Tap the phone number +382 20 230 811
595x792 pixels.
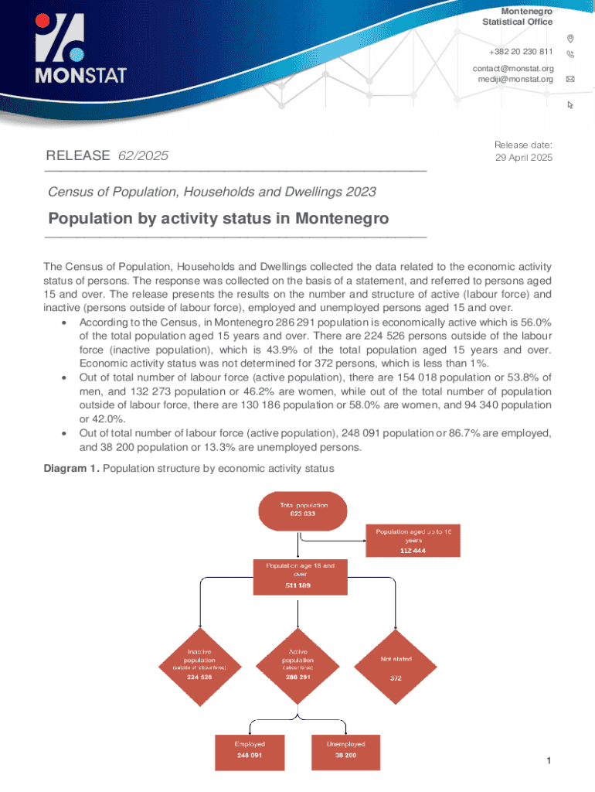coord(521,52)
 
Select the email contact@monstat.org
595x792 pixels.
coord(512,69)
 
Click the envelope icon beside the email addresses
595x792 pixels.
coord(570,79)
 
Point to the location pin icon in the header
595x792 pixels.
coord(570,39)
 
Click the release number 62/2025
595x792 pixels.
coord(143,155)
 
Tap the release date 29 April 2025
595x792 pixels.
coord(523,158)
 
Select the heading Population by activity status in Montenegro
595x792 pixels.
coord(218,218)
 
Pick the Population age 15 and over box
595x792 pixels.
coord(300,576)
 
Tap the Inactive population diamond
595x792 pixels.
coord(199,664)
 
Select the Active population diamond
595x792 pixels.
coord(298,664)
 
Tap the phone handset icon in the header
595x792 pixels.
coord(570,54)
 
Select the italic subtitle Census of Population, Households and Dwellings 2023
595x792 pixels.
coord(212,191)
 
